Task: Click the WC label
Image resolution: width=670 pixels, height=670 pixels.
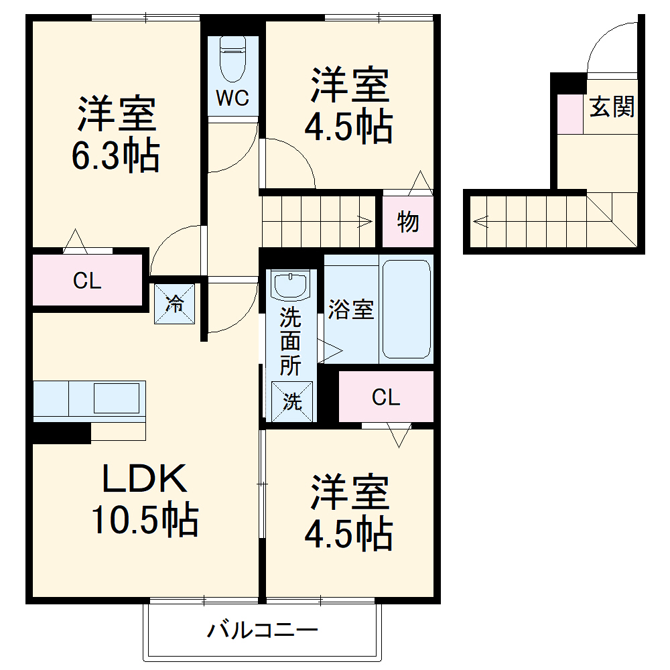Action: pos(232,98)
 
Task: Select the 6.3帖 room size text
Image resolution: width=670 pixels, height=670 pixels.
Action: pos(116,157)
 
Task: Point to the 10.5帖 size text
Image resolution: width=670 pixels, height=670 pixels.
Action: pos(144,520)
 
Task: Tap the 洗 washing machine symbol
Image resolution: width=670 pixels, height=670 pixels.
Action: pos(292,401)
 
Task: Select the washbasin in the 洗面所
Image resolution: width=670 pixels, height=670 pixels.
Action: pos(290,286)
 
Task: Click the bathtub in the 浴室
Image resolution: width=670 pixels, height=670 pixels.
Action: pos(405,308)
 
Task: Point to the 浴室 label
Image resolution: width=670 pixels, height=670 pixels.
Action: pos(350,310)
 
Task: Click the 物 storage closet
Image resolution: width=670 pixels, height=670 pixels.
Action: pos(407,221)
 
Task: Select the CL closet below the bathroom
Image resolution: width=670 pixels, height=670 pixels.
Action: pos(386,398)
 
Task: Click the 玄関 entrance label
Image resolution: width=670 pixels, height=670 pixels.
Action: pos(612,107)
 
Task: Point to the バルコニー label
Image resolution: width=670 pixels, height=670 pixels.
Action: pos(261,630)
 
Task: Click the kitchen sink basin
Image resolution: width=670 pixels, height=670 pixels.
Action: pos(116,398)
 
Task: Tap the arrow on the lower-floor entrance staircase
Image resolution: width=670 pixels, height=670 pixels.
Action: pos(480,220)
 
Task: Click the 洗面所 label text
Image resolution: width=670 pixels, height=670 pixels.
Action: pos(290,340)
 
